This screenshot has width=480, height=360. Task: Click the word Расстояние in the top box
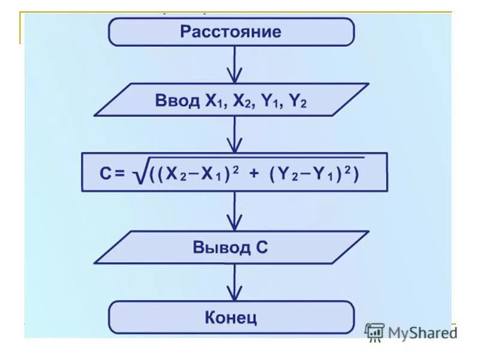231,32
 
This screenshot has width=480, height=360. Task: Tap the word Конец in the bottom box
231,316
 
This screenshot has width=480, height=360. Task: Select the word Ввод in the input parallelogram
177,100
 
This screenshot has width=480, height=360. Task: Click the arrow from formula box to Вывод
235,212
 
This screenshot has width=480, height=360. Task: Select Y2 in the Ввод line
298,101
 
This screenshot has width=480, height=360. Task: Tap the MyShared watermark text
422,332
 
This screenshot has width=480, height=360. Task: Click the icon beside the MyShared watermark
374,332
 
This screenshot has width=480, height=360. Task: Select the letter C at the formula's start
106,173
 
